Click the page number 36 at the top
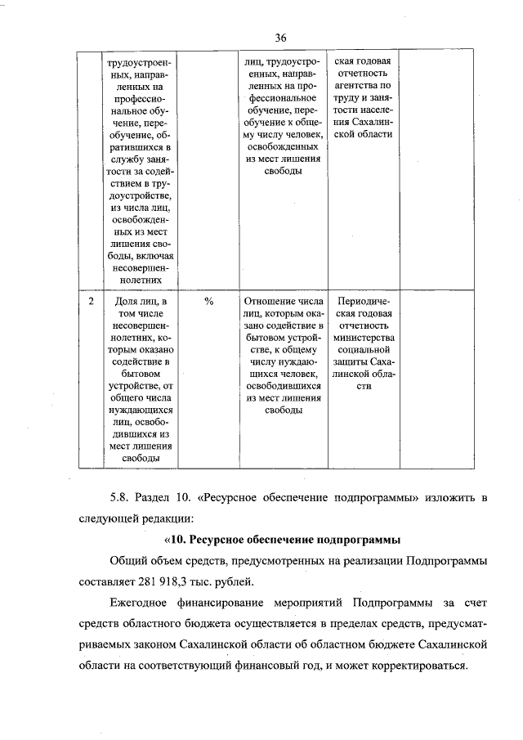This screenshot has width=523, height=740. (x=280, y=38)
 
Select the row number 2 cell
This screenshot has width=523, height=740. (x=90, y=302)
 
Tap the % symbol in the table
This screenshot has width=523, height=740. (x=208, y=302)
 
